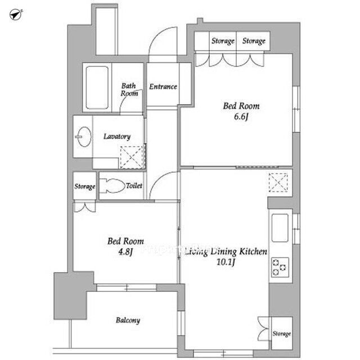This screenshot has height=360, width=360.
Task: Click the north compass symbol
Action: pyautogui.click(x=16, y=15)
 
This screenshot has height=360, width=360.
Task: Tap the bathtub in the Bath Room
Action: pyautogui.click(x=97, y=88)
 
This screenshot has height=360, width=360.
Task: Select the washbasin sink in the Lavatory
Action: pyautogui.click(x=83, y=137)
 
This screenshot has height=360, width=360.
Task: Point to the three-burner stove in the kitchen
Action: pyautogui.click(x=280, y=267)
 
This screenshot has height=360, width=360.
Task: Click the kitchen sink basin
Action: pyautogui.click(x=280, y=228)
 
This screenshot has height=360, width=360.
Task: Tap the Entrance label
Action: pyautogui.click(x=163, y=87)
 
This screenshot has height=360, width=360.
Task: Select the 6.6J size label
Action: pyautogui.click(x=241, y=116)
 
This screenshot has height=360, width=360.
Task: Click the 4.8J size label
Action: pyautogui.click(x=125, y=252)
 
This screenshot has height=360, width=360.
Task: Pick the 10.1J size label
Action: pyautogui.click(x=226, y=262)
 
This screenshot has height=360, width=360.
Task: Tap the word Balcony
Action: pyautogui.click(x=128, y=320)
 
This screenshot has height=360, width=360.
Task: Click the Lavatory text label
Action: pyautogui.click(x=117, y=137)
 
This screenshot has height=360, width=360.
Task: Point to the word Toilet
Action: pyautogui.click(x=134, y=186)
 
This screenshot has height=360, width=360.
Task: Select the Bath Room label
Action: pyautogui.click(x=129, y=89)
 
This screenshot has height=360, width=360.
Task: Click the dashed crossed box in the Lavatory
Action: pyautogui.click(x=132, y=157)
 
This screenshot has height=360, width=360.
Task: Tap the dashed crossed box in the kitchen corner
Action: pyautogui.click(x=278, y=182)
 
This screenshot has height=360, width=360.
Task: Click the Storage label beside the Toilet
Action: pyautogui.click(x=85, y=186)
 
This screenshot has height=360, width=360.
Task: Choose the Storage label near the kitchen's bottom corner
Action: pyautogui.click(x=282, y=334)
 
